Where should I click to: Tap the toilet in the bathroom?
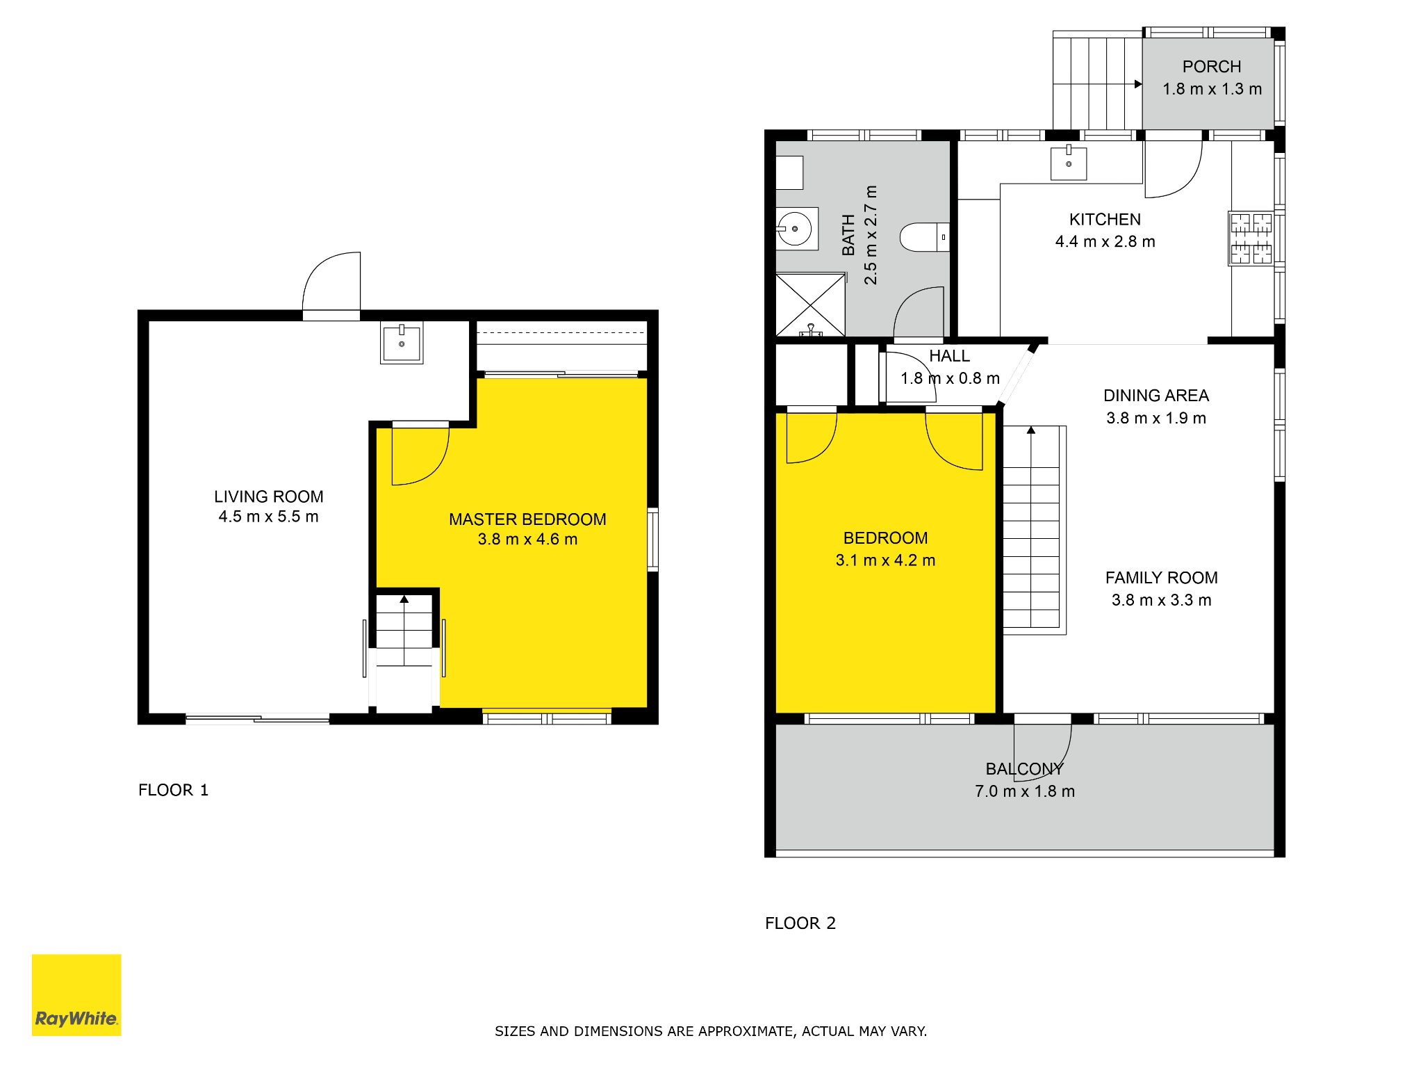point(925,237)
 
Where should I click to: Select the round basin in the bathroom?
point(795,228)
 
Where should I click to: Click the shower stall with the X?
point(810,305)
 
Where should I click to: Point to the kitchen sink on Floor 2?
point(1069,162)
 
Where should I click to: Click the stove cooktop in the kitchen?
point(1251,238)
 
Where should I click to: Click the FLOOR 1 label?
point(173,790)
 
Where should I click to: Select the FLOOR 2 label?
point(800,923)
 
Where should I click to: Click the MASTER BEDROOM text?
point(527,519)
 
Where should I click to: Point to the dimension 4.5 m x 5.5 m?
point(268,517)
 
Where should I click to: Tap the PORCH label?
point(1212,67)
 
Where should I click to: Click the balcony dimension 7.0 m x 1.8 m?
point(1025,791)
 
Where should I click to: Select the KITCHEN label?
point(1105,220)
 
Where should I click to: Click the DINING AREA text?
point(1156,396)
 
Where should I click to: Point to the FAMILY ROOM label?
point(1161,578)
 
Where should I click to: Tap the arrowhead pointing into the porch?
point(1138,84)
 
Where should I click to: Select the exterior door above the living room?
point(332,282)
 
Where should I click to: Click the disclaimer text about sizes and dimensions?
point(711,1031)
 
